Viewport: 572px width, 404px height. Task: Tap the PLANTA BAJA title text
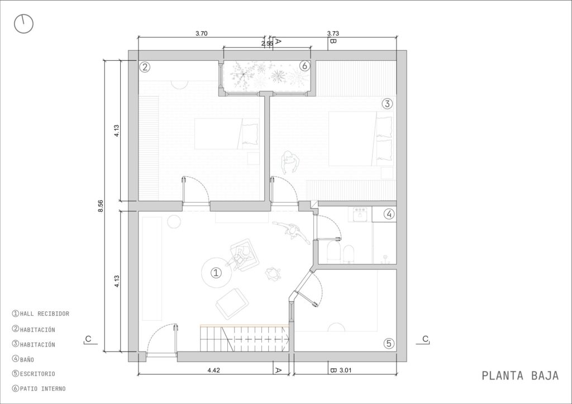click(520, 376)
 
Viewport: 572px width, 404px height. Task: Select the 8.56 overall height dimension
click(101, 206)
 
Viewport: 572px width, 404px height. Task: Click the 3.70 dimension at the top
click(201, 33)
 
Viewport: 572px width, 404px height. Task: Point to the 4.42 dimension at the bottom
click(214, 371)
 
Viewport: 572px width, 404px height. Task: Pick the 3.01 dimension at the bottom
click(345, 371)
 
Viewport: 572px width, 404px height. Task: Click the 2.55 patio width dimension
click(267, 44)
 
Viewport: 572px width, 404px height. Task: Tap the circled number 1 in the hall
click(216, 272)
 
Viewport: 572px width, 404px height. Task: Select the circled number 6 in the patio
click(304, 66)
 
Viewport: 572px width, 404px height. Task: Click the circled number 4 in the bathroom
click(389, 214)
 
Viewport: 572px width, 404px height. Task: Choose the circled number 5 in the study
click(389, 343)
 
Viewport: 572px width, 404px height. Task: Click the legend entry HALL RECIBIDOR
click(40, 314)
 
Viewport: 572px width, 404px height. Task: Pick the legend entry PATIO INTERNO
click(39, 389)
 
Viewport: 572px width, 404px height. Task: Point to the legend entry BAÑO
click(23, 359)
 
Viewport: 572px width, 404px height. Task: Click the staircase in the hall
click(245, 338)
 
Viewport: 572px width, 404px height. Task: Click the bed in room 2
click(227, 134)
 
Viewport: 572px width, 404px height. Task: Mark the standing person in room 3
click(290, 162)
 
